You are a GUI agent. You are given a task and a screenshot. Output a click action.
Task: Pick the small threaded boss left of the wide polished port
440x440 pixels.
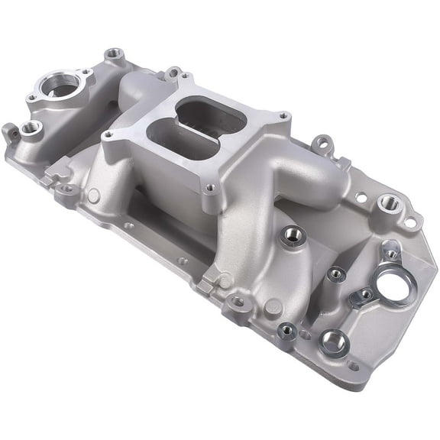tap(288, 330)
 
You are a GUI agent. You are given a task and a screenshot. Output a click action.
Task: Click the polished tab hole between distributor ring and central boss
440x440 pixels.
tap(366, 294)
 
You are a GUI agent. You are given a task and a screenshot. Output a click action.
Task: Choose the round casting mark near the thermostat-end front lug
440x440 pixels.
tap(93, 196)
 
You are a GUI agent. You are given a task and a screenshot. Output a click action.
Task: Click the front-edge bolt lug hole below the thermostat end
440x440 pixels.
tap(64, 189)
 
